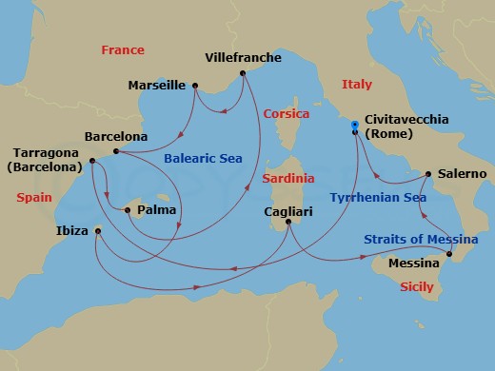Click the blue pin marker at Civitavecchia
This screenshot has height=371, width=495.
354,124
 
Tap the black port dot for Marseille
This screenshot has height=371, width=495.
195,87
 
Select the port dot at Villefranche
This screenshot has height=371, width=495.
244,72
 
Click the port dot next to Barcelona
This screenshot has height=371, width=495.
115,151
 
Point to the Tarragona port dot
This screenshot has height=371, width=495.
92,160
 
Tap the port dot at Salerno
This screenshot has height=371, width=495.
428,174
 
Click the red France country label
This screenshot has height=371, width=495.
123,49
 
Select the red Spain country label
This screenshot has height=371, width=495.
34,197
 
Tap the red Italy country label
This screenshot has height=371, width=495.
357,85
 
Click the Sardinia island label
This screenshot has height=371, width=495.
289,178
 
